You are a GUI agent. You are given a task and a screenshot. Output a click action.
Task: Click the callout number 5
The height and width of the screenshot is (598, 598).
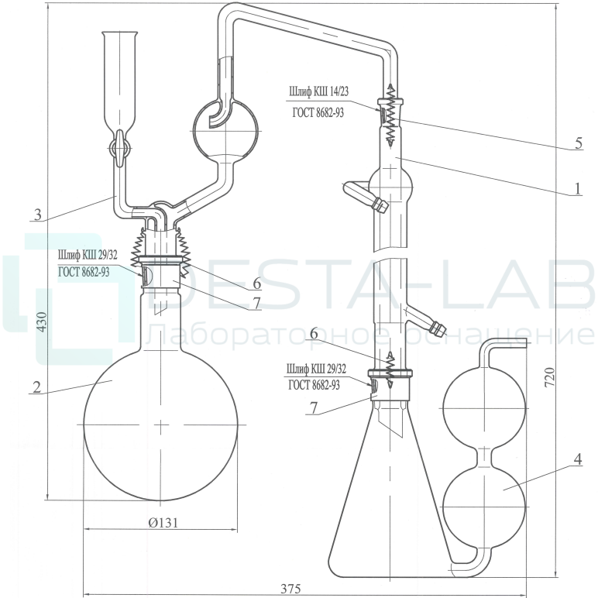coord(579,143)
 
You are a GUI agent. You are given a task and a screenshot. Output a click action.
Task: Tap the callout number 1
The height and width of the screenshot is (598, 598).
coord(578,188)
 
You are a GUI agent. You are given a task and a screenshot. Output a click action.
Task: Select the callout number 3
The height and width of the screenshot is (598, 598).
coord(37,215)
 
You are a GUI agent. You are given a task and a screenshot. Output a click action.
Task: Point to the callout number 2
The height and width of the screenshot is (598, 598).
coord(36,387)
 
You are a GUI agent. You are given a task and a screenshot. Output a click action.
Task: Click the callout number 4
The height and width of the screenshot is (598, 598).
coord(578,459)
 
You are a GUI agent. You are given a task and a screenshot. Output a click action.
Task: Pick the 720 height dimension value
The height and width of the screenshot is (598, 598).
coord(548,376)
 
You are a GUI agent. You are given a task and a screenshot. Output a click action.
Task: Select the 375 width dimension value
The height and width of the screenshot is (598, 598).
coord(290,589)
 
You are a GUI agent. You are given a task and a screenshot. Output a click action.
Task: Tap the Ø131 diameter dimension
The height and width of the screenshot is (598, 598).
coord(163,522)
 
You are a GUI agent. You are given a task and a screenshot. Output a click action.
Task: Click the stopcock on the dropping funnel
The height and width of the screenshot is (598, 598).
coord(120,148)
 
